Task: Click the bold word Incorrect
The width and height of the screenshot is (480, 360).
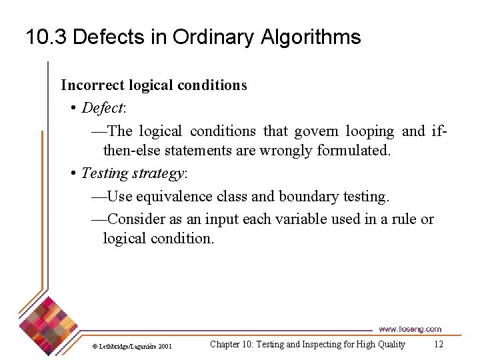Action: [x=92, y=85]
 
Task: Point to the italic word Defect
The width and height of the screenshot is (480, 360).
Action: [x=103, y=108]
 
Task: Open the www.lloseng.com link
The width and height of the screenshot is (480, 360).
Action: [x=410, y=329]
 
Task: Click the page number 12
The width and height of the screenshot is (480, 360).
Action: [x=438, y=345]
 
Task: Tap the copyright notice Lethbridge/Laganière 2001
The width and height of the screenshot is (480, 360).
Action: [x=132, y=346]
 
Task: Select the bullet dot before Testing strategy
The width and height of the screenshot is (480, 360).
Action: [x=73, y=174]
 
